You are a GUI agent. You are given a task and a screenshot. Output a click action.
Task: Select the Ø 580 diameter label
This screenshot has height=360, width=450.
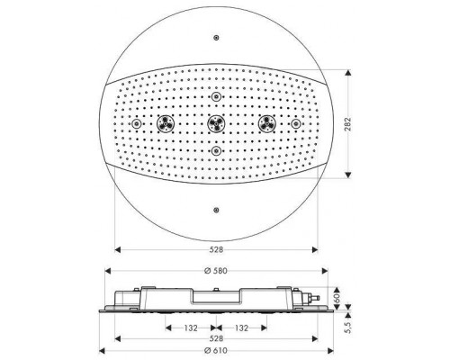click(215, 271)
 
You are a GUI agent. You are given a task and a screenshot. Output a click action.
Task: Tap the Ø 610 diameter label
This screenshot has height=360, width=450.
click(215, 349)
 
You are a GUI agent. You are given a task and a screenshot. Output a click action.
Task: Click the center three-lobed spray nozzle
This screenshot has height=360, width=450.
click(215, 123)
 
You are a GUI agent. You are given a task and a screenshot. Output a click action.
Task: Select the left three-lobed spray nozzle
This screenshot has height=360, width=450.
click(165, 123)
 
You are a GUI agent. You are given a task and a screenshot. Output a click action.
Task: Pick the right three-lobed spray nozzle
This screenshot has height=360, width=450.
click(265, 123)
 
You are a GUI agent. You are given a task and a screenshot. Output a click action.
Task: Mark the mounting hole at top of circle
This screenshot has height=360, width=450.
click(215, 37)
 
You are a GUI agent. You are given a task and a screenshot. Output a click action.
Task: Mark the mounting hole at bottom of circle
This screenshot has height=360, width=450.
click(215, 210)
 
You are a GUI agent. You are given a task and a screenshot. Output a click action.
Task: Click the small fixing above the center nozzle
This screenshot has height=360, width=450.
click(215, 95)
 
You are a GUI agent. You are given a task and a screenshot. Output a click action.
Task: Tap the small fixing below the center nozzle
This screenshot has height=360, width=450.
click(215, 150)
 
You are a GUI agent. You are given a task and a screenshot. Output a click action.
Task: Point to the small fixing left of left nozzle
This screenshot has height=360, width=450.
click(138, 123)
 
